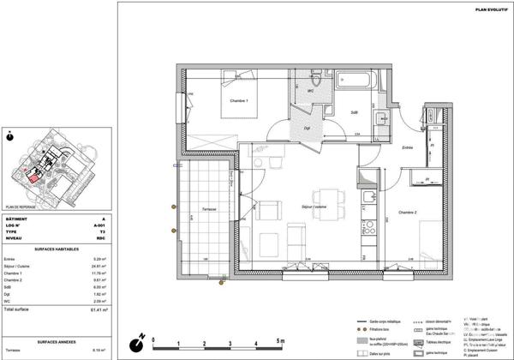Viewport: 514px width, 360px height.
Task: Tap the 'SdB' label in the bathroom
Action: (353, 112)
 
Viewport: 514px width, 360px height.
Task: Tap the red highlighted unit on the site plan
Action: (35, 177)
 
